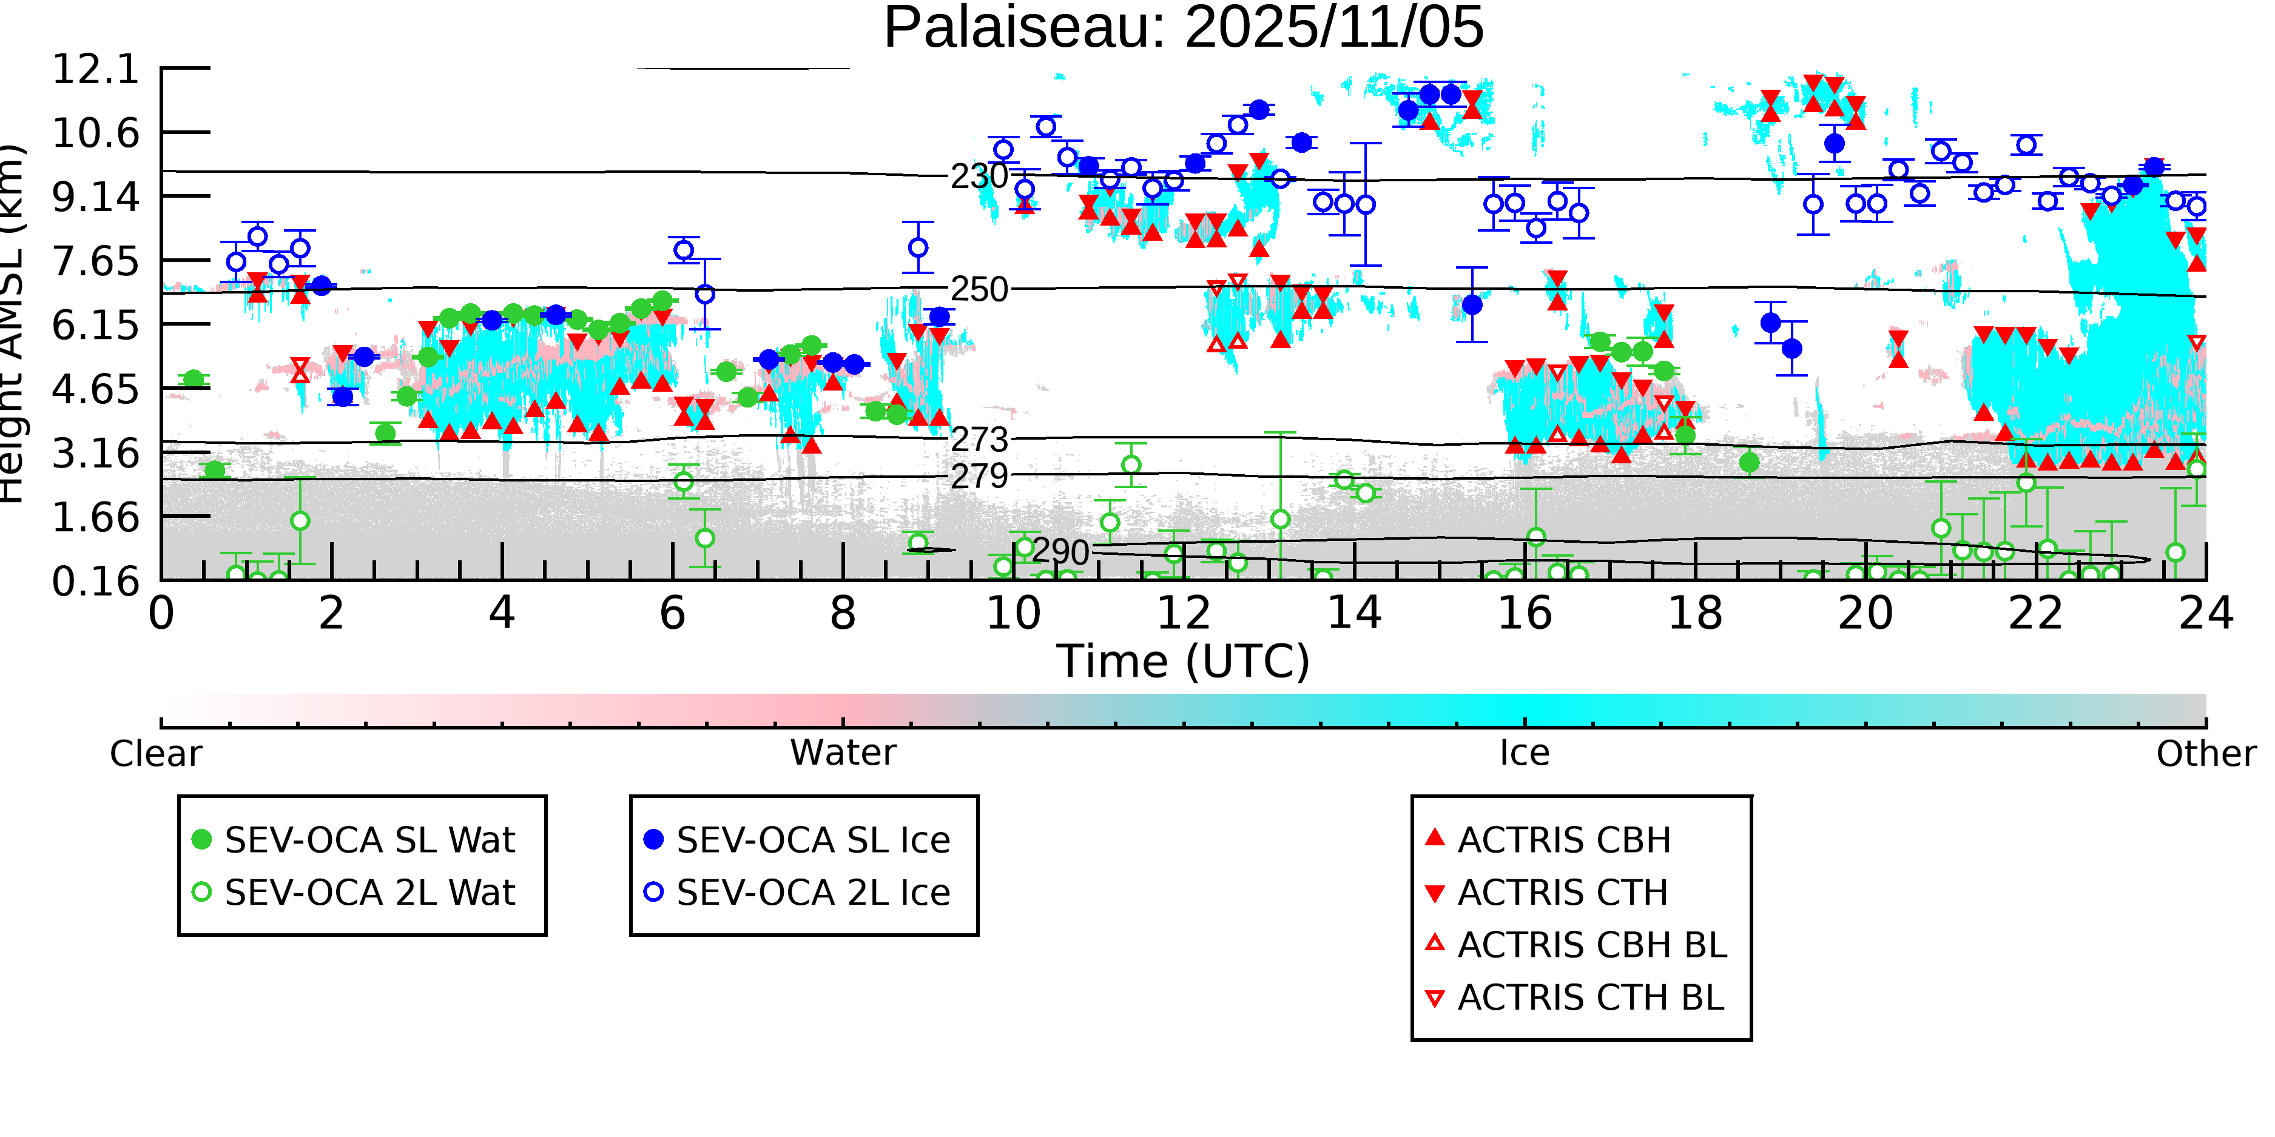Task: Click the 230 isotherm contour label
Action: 979,176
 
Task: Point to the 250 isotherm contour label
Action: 979,289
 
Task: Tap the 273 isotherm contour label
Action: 979,440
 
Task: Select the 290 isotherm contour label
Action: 1060,552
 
